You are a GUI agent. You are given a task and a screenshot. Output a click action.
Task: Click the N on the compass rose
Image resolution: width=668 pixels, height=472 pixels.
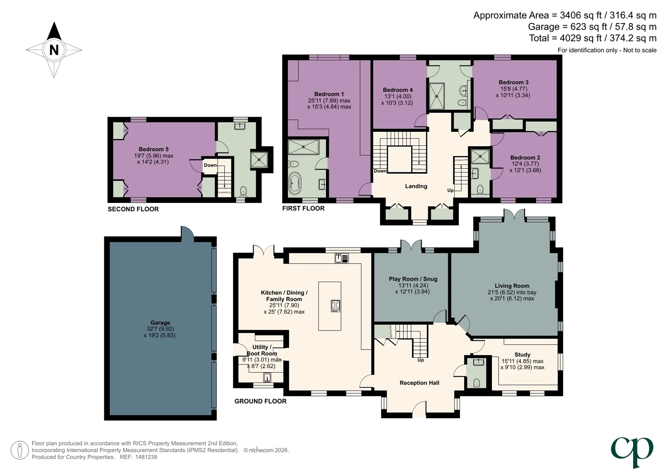tap(54, 50)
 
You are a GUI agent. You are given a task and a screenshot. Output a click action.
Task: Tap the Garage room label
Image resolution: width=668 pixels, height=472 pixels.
tap(160, 323)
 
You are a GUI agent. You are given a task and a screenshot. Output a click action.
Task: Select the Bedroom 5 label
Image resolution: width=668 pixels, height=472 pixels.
tap(154, 149)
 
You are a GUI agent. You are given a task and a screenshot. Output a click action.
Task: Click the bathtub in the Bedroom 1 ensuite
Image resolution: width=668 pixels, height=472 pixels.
tap(295, 183)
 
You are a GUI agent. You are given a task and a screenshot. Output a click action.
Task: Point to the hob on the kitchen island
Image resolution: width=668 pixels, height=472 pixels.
tap(335, 306)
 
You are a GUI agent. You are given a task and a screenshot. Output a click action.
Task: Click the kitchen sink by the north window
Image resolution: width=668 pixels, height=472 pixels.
tap(342, 258)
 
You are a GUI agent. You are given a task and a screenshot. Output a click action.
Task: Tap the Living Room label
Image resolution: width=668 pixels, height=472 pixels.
tap(512, 286)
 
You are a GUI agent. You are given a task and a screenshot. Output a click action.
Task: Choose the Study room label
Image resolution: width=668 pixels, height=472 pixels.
tap(522, 355)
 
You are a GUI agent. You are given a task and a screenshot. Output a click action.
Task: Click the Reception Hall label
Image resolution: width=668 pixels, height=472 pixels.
tap(420, 383)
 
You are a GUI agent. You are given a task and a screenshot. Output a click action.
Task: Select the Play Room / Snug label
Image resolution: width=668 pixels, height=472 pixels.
tap(413, 279)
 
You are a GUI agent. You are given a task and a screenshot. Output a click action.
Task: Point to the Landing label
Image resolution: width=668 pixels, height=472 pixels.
tap(416, 186)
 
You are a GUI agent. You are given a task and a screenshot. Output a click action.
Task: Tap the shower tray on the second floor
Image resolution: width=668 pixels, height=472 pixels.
tap(259, 160)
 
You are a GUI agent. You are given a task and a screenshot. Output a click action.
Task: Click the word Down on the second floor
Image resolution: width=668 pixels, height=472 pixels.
tap(210, 165)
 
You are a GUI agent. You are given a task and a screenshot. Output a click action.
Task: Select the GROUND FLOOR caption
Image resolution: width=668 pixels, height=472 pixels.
tap(261, 401)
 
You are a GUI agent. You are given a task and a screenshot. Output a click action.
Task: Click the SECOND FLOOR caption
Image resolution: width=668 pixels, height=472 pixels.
tap(133, 209)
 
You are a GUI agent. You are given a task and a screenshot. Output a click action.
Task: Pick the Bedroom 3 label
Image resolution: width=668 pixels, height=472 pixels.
tap(514, 82)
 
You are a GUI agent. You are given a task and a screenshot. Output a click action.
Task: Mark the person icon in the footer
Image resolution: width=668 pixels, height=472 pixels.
tap(19, 450)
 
